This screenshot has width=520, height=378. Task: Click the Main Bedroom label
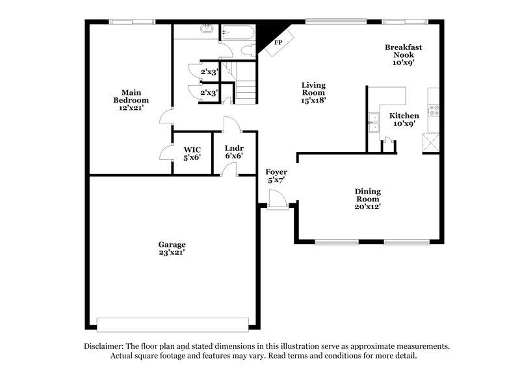[131, 101]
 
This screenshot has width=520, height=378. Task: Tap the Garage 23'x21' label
[172, 248]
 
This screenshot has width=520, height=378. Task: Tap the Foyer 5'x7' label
[276, 176]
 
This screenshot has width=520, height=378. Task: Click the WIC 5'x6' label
[192, 153]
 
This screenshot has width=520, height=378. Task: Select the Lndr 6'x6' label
[234, 151]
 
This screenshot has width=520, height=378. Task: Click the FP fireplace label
[278, 43]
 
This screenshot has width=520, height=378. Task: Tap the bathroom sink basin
[206, 29]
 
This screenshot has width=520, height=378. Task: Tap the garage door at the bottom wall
[172, 323]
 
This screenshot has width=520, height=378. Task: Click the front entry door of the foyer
[278, 206]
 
